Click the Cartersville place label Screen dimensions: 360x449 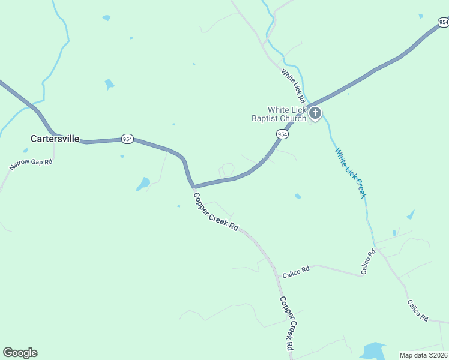click(55, 139)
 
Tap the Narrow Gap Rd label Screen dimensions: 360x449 click(31, 164)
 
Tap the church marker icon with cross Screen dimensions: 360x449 click(315, 113)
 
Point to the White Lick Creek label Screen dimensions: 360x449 click(351, 173)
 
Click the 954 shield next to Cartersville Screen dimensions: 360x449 click(127, 139)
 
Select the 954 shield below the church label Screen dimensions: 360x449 click(282, 134)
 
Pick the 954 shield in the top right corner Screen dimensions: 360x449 click(443, 22)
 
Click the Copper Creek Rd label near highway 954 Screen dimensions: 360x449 click(216, 212)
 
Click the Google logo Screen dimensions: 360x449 click(20, 353)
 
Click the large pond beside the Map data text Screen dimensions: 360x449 click(373, 350)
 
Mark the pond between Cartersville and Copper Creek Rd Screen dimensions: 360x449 click(143, 184)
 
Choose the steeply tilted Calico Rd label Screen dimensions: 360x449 click(368, 262)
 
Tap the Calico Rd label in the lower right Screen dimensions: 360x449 click(417, 310)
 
